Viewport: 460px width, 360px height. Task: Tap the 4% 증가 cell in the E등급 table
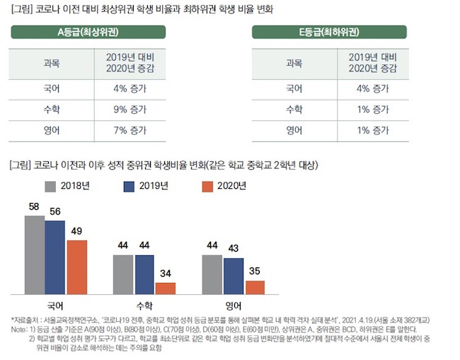(x=372, y=89)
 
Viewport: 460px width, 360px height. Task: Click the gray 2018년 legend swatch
(x=50, y=187)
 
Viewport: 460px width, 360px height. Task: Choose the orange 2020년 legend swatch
(x=207, y=187)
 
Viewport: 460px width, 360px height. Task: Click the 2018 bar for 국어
(x=35, y=255)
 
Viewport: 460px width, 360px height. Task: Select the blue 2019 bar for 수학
(x=144, y=274)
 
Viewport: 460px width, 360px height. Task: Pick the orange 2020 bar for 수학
(x=166, y=288)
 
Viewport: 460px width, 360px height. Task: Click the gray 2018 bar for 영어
(x=212, y=274)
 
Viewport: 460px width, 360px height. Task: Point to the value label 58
(x=34, y=207)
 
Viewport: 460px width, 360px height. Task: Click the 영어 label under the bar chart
(x=233, y=306)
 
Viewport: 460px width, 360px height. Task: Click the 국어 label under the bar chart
(x=55, y=306)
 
